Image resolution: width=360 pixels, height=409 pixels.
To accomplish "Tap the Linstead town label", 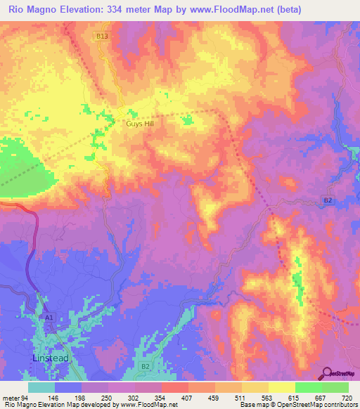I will click(x=51, y=358).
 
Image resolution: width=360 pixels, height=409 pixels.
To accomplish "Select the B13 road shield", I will click(x=103, y=35).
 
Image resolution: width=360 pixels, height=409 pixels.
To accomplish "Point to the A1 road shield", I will click(x=49, y=318).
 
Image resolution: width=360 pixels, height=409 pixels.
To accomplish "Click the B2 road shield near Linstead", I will click(x=146, y=367).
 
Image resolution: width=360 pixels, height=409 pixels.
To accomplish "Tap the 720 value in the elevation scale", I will click(x=347, y=398).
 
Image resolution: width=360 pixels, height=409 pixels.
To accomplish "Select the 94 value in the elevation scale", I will click(x=25, y=398).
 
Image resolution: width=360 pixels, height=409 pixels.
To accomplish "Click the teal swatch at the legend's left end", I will click(x=41, y=387).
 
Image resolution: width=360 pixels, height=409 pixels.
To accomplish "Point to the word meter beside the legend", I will click(x=11, y=398).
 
